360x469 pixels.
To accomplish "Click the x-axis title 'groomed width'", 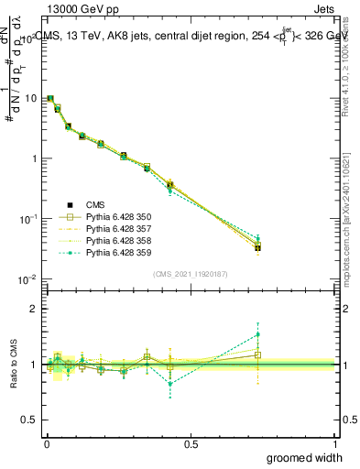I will pyautogui.click(x=306, y=457).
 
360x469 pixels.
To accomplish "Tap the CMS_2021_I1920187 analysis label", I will pyautogui.click(x=191, y=274).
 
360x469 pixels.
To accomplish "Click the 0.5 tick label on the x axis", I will pyautogui.click(x=191, y=442).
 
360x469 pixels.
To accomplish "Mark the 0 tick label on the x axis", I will pyautogui.click(x=46, y=442).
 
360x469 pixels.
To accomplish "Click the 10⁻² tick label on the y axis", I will pyautogui.click(x=27, y=278).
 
